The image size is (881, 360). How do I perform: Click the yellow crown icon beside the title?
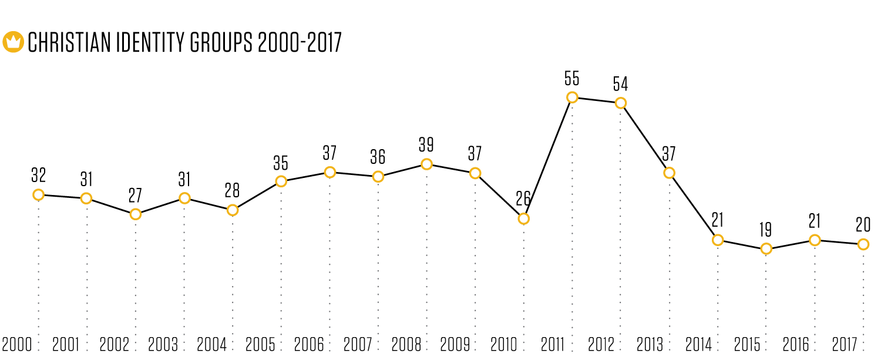click(13, 42)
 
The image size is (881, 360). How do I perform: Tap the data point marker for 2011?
click(572, 97)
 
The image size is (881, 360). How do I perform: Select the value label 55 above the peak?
click(572, 79)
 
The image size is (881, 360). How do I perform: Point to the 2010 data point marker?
click(523, 218)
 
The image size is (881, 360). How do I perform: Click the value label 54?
click(620, 84)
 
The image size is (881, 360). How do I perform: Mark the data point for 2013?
click(669, 173)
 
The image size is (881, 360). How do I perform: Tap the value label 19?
click(765, 230)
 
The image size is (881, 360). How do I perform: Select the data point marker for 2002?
click(135, 214)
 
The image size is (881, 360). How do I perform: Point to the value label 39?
click(426, 145)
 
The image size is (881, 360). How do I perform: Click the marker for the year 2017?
click(863, 244)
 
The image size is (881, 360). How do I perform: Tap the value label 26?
click(523, 199)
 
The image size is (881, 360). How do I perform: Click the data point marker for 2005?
click(281, 181)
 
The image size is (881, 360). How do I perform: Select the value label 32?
click(38, 176)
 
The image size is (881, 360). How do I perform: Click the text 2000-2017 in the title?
click(300, 42)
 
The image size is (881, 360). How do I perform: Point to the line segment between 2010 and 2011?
click(547, 158)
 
